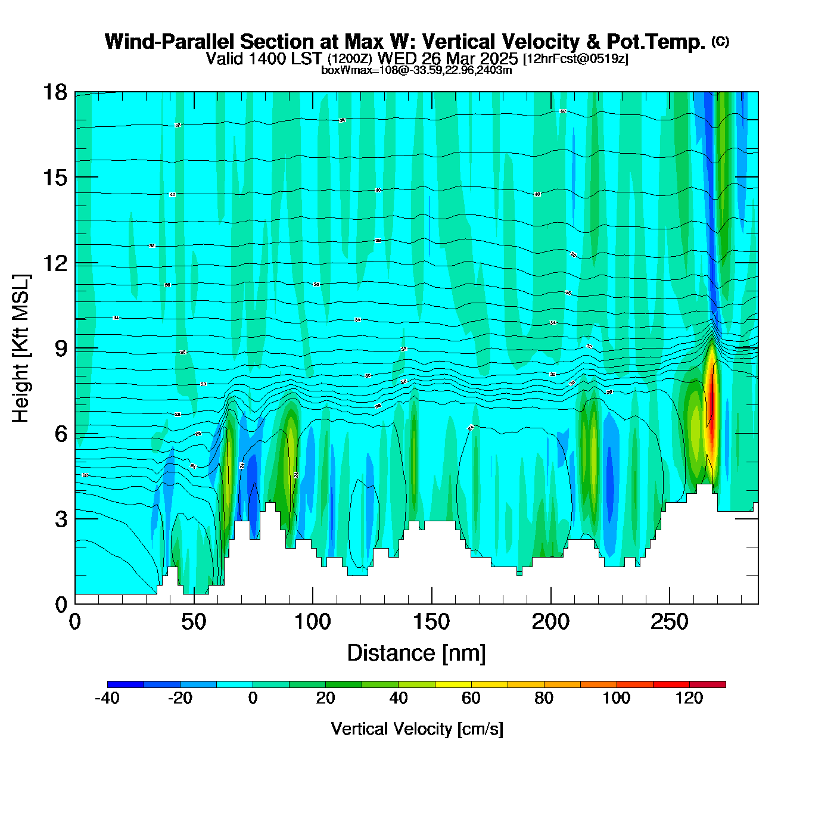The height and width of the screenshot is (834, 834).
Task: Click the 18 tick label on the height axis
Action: pos(54,92)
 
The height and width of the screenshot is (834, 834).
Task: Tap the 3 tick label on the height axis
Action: pos(61,519)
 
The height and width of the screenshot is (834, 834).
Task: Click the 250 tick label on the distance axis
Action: pos(670,623)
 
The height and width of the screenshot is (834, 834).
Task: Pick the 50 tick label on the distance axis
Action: pos(194,623)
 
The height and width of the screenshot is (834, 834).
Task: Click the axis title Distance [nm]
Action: pos(416,653)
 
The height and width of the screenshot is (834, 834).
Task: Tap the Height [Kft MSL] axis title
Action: pos(21,348)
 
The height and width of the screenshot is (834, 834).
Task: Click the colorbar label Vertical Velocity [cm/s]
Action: pos(417,729)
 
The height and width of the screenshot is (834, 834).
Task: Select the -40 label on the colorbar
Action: pos(107,698)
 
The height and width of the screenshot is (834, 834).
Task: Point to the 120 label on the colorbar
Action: pos(689,698)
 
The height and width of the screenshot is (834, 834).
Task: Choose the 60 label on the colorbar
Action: pos(471,698)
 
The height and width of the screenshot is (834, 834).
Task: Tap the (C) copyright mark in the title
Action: pos(720,41)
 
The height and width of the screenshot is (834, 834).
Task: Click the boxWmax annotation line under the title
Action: pos(416,70)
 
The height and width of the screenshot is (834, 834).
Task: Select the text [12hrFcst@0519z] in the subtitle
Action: pos(575,59)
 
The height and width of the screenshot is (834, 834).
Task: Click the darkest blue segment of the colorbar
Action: pos(126,684)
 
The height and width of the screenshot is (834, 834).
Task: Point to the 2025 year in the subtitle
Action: pos(497,58)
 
